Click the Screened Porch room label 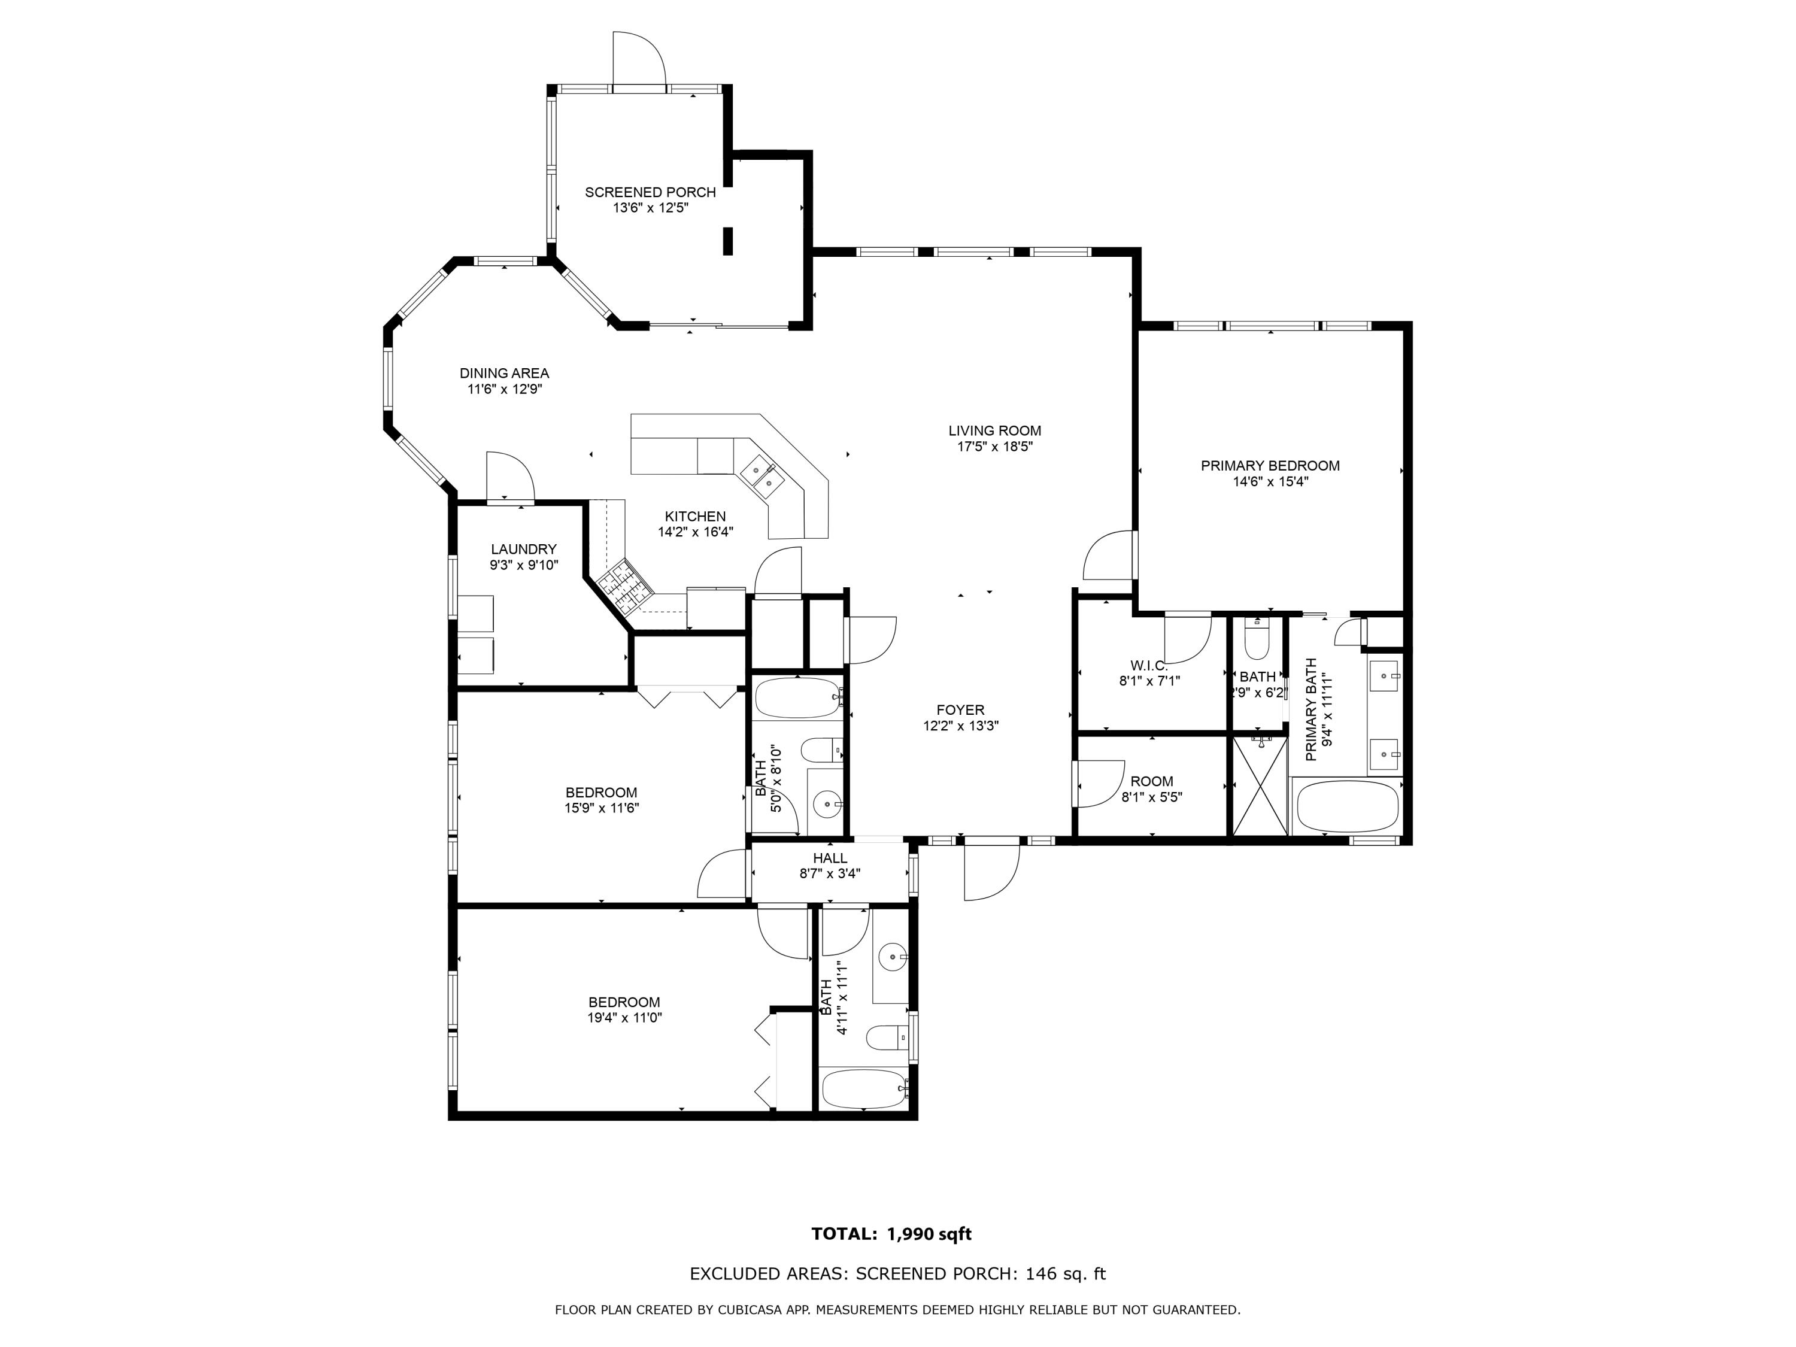click(650, 192)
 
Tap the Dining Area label click(504, 374)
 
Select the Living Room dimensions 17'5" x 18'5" click(994, 447)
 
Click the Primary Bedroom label click(1270, 466)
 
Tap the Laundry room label click(524, 550)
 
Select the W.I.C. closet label click(1148, 666)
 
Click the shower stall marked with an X click(1260, 785)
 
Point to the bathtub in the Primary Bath click(1348, 807)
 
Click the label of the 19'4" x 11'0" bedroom click(624, 1003)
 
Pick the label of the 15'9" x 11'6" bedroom click(601, 793)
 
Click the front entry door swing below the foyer click(991, 873)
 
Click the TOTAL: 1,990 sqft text click(891, 1234)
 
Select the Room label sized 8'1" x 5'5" click(1151, 782)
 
